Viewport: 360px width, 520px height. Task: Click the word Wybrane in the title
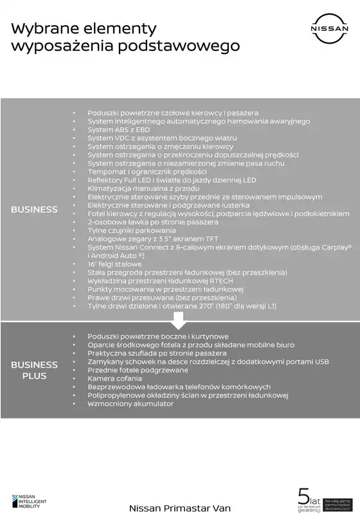(x=42, y=28)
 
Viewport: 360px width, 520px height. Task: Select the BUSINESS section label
(x=34, y=209)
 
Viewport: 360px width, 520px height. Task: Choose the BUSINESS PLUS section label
(x=34, y=370)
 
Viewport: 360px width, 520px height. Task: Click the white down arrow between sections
(x=179, y=319)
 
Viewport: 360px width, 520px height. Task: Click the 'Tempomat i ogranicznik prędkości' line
(x=147, y=172)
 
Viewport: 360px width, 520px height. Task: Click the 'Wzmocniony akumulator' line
(x=130, y=404)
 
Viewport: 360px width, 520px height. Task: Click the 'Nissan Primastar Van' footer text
(x=179, y=508)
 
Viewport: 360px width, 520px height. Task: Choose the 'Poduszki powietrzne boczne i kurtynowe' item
(x=158, y=336)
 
